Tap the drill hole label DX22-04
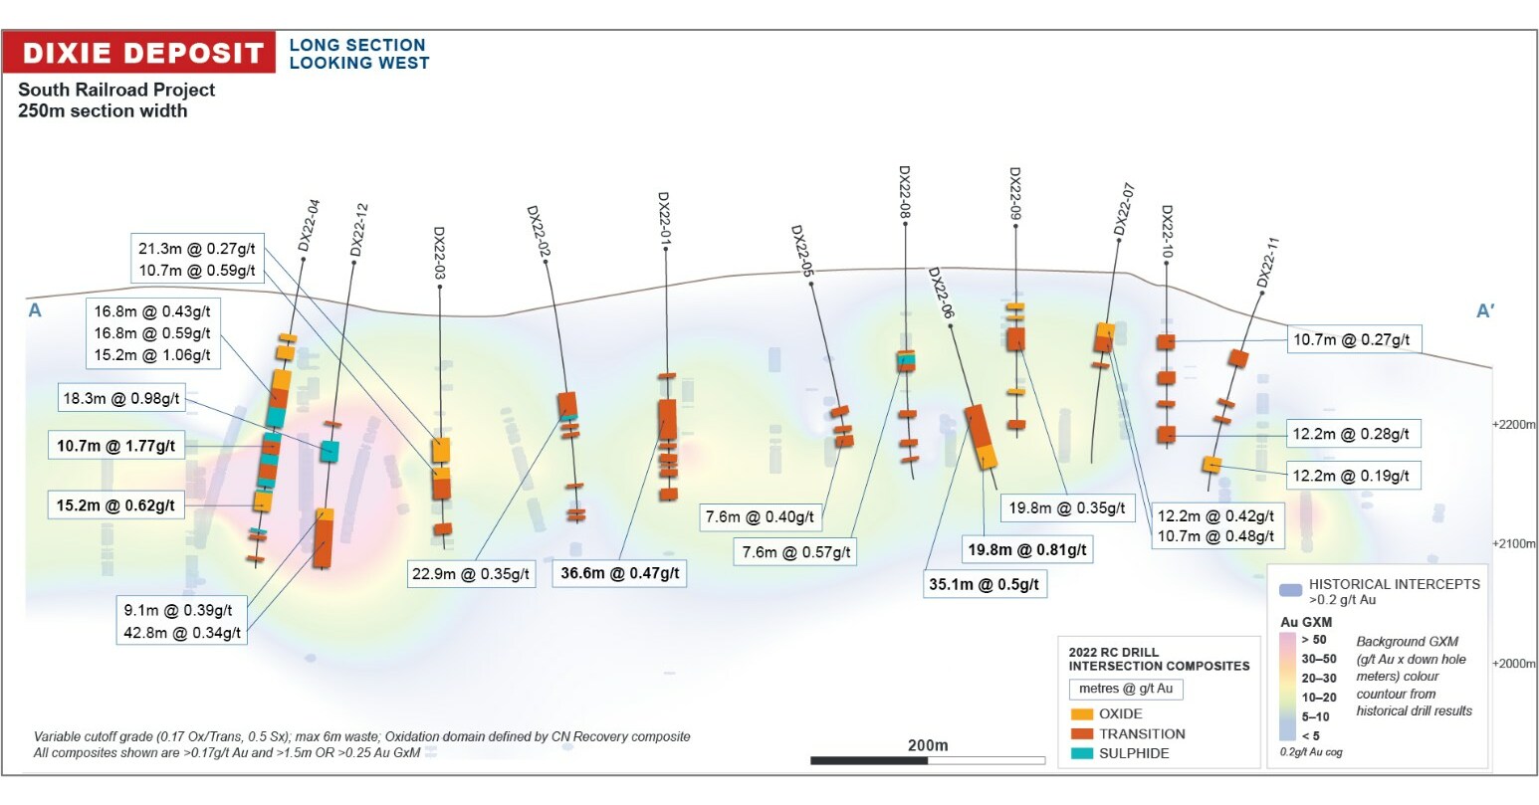tap(310, 225)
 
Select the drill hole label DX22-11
tap(1267, 262)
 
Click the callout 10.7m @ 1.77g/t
tap(115, 446)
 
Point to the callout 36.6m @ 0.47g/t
tap(619, 573)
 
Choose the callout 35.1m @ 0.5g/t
tap(984, 584)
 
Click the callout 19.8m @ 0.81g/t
tap(1026, 549)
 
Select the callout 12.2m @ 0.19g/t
tap(1351, 476)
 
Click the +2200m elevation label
tap(1513, 424)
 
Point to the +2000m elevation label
tap(1513, 663)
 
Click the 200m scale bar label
tap(928, 745)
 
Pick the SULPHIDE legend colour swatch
tap(1081, 753)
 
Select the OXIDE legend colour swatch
tap(1081, 713)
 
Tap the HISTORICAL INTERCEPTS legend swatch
tap(1290, 590)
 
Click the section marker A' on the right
tap(1485, 311)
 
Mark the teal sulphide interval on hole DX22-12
tap(329, 451)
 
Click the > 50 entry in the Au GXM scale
tap(1313, 640)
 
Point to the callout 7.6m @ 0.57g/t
tap(796, 552)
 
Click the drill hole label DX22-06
tap(942, 293)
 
